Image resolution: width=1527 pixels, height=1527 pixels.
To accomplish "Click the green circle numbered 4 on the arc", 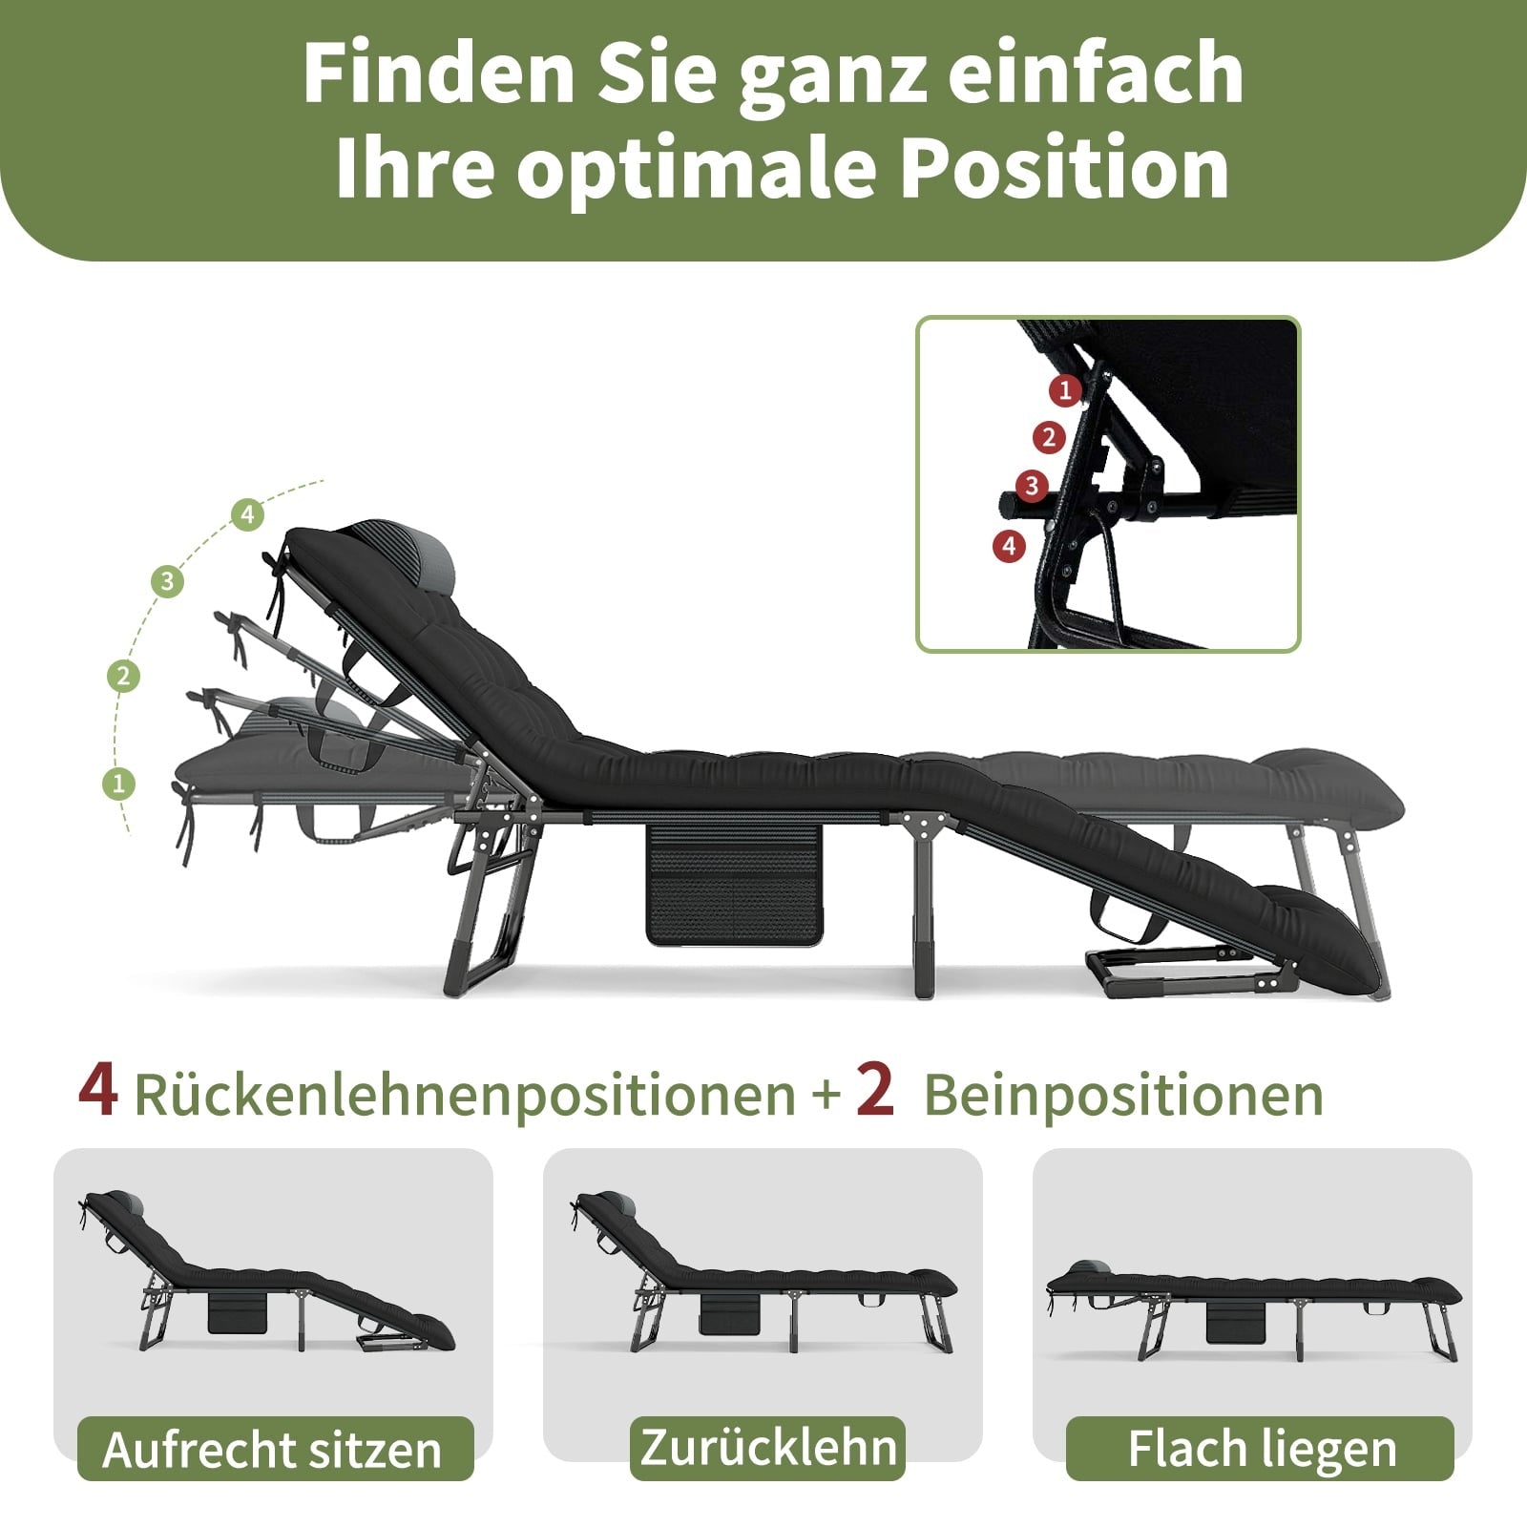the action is (247, 515).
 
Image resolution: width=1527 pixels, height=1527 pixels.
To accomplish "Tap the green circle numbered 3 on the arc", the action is (168, 581).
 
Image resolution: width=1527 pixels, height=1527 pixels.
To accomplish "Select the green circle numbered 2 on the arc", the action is (123, 677).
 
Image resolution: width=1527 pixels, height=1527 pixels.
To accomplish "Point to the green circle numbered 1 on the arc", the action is (118, 784).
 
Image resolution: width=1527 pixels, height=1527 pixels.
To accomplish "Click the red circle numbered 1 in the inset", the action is (1065, 389).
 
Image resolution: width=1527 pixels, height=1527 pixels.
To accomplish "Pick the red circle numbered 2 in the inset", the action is (1049, 438).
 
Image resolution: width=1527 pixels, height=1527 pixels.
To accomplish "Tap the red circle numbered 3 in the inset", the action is (1031, 486).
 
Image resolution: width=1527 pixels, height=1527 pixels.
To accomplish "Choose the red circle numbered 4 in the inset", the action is (1009, 547).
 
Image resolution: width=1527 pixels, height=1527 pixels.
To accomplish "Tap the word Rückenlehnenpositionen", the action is (465, 1095).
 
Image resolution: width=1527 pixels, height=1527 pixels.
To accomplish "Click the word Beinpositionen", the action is (1123, 1095).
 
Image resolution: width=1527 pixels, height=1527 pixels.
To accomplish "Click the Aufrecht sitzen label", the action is (275, 1449).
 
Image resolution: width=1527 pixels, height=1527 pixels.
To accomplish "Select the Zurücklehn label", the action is (767, 1447).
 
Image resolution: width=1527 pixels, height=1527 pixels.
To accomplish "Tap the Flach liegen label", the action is (1260, 1449).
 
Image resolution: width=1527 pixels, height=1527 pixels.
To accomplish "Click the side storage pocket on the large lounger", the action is (734, 884).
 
